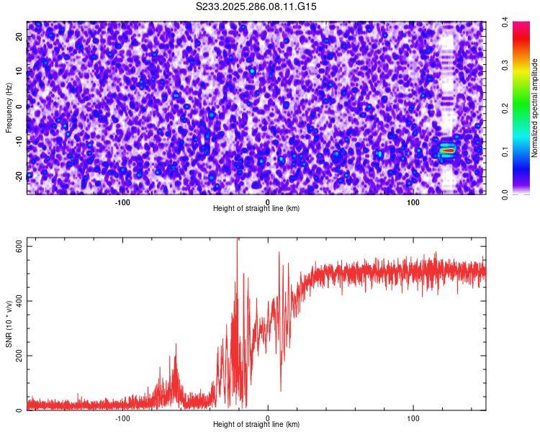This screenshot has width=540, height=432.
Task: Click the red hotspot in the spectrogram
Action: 448,150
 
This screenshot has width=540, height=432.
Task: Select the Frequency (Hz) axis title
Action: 9,107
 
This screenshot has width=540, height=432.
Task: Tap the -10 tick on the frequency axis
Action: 19,140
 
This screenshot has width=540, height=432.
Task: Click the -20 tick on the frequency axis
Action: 19,176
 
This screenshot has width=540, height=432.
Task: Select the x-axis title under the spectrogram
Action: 256,208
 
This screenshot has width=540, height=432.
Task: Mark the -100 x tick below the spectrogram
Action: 122,202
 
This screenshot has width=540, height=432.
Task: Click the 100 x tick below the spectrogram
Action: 413,202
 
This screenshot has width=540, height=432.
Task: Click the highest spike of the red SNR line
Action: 238,240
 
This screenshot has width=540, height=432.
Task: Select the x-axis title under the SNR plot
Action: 256,424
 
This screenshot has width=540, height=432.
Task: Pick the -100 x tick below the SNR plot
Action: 122,418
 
